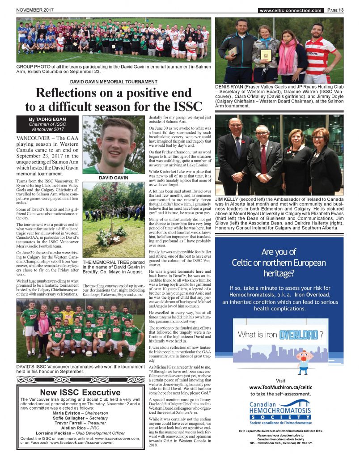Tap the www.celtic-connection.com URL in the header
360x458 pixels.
290,11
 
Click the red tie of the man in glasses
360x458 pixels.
264,158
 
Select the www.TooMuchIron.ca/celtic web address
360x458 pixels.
280,387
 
